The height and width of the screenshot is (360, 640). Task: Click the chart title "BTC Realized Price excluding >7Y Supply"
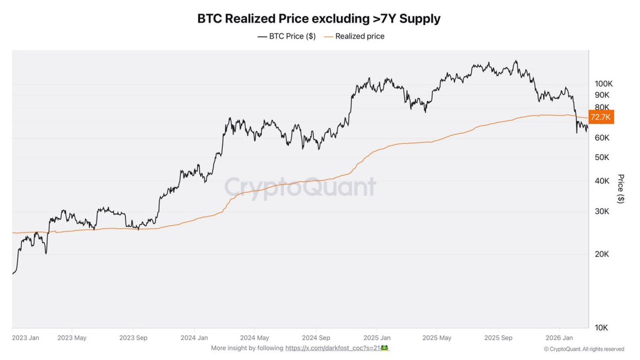319,19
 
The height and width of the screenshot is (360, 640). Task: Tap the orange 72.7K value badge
602,117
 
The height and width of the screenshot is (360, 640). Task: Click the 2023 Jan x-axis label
25,338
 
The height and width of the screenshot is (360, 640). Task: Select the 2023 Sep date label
134,338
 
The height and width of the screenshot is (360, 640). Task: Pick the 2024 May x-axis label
255,338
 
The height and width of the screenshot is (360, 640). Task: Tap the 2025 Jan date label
377,338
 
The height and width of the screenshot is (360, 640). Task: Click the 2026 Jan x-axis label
559,338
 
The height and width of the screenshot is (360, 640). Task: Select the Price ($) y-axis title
620,188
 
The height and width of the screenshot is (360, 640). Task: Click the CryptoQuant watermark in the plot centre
300,187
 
